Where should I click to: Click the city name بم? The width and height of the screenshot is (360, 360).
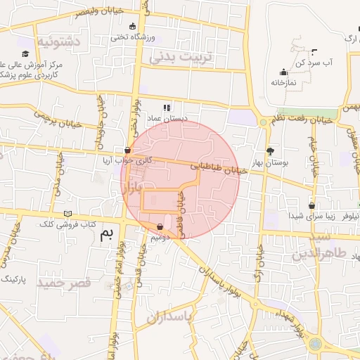pyautogui.click(x=106, y=235)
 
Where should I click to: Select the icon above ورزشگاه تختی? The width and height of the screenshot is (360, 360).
pyautogui.click(x=132, y=26)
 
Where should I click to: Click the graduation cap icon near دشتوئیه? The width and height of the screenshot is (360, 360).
pyautogui.click(x=25, y=54)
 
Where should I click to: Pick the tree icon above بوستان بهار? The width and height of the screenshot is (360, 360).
pyautogui.click(x=270, y=150)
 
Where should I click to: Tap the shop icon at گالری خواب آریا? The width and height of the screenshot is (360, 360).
pyautogui.click(x=127, y=149)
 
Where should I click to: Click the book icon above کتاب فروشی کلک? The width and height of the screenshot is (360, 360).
pyautogui.click(x=68, y=213)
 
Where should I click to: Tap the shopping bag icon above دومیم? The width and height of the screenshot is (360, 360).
pyautogui.click(x=162, y=227)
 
